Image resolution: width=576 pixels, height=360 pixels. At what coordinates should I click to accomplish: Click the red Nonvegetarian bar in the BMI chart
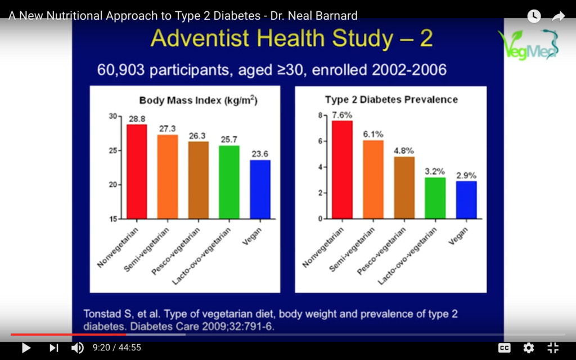click(137, 172)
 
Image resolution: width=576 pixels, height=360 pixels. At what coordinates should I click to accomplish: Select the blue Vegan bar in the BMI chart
click(260, 189)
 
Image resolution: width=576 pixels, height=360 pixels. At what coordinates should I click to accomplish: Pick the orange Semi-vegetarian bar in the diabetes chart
click(373, 179)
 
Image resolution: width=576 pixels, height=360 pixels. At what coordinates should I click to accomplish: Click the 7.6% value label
click(343, 116)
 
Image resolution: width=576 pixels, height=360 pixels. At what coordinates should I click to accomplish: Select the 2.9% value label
click(466, 175)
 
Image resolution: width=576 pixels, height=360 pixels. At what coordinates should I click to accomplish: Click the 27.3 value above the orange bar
click(168, 129)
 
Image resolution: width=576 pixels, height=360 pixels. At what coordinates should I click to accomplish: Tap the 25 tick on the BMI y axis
click(113, 151)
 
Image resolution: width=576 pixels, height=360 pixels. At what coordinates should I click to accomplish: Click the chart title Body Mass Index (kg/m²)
click(199, 101)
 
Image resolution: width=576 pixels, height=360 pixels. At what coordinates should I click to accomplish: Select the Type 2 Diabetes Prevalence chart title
click(391, 100)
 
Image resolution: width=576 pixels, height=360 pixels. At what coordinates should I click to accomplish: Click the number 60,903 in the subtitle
click(118, 70)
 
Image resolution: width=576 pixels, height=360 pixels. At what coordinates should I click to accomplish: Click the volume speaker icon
click(78, 348)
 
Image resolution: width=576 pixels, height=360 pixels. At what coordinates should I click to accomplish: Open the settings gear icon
click(529, 348)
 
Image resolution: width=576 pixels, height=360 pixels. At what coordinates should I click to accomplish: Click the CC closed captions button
click(504, 348)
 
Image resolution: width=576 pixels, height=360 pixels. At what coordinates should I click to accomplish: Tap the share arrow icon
click(558, 16)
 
